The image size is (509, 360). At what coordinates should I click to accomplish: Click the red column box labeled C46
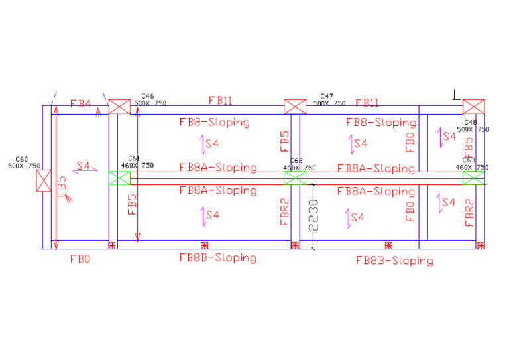119,107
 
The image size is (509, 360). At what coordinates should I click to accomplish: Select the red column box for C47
295,107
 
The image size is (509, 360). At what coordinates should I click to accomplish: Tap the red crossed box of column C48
473,107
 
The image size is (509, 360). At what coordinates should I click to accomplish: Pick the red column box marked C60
43,180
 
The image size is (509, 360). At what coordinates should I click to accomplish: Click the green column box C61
119,178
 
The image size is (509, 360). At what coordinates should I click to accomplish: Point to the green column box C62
295,178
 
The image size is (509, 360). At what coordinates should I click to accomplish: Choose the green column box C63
473,178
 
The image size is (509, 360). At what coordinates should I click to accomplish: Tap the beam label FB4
80,104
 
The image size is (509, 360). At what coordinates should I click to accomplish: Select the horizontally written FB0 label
80,259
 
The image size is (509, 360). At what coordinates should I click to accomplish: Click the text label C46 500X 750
150,100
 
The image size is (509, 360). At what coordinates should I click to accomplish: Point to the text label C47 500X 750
329,100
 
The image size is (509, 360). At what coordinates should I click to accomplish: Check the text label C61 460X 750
137,162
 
